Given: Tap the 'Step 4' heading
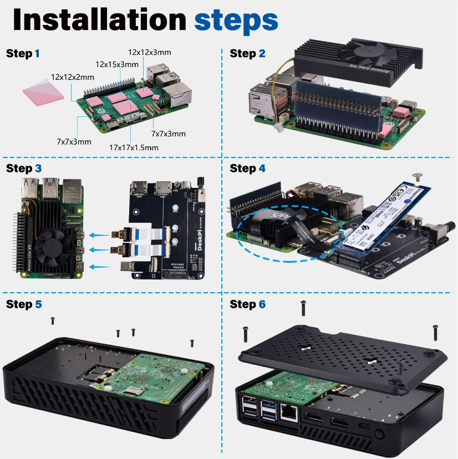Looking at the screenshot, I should click(x=247, y=168).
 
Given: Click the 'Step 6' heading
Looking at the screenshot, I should click(x=247, y=304).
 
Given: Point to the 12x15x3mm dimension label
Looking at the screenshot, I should click(x=116, y=64).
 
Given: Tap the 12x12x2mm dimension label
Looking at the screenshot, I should click(x=73, y=77).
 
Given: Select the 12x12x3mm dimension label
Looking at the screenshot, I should click(x=149, y=52).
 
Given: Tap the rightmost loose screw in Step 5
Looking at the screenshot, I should click(x=192, y=343).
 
